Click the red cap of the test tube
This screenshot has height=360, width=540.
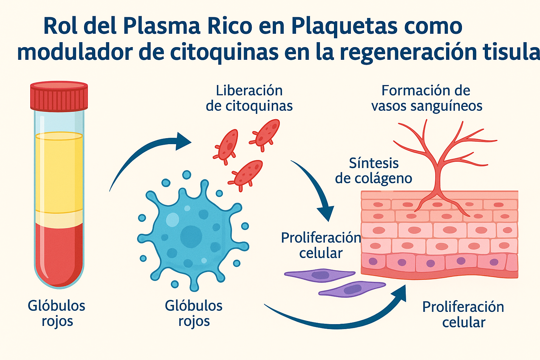coord(59,96)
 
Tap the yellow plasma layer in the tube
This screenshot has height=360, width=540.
coord(59,172)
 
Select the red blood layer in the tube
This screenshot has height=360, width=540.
coord(59,253)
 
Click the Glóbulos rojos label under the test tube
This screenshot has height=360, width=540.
coord(57,313)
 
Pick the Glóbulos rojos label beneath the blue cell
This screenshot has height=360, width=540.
coord(194,313)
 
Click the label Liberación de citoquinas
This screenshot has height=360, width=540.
coord(249,98)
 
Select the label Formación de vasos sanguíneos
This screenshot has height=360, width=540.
coord(426,98)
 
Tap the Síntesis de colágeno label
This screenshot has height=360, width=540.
coord(373,171)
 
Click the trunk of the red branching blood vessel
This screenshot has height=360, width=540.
coord(438,176)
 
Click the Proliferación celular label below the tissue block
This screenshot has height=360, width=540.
coord(463,315)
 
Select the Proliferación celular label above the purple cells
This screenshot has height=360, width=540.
coord(321,245)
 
